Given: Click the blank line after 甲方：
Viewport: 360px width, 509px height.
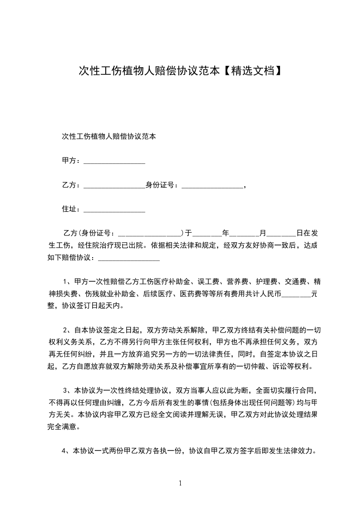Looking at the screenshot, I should [x=114, y=161].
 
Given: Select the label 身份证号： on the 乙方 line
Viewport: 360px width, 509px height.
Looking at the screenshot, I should [x=163, y=185].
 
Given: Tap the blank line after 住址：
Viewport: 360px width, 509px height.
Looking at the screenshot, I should [x=114, y=209].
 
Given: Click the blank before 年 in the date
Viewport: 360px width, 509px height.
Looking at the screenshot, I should [x=207, y=234].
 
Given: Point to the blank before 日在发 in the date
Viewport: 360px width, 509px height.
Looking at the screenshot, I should [x=281, y=234].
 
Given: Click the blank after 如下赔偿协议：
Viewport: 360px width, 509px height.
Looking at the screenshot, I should [x=129, y=258].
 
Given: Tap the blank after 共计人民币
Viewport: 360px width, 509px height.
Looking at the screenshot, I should [x=296, y=294].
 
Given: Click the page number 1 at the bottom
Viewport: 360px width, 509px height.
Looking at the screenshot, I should [x=180, y=483].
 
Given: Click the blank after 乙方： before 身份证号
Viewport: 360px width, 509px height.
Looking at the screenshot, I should [x=114, y=185].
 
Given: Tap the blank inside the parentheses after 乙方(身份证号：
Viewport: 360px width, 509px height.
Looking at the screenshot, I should [x=150, y=234].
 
